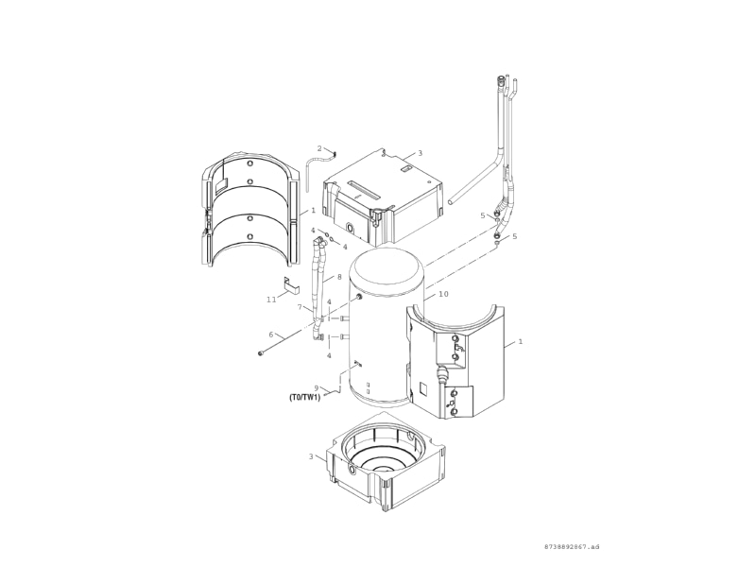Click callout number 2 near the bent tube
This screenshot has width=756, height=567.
(x=319, y=148)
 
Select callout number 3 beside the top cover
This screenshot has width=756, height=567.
(x=420, y=153)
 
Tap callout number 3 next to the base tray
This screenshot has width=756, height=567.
(x=311, y=456)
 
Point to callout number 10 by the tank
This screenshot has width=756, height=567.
(x=443, y=294)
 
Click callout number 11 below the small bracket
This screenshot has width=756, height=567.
(x=271, y=300)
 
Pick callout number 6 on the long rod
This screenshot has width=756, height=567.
(x=271, y=335)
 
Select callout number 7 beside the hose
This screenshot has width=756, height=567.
(x=300, y=307)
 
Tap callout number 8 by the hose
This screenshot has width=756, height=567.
(x=339, y=277)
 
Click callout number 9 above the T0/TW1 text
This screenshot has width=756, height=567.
(x=317, y=387)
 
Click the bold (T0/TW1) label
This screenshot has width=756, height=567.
(x=304, y=397)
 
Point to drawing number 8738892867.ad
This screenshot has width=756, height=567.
(x=572, y=547)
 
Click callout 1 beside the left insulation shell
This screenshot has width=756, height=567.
(x=313, y=210)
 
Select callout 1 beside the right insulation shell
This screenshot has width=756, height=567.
(x=521, y=341)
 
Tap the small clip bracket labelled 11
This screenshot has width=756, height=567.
(x=291, y=285)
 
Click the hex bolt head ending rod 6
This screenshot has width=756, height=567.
(x=262, y=353)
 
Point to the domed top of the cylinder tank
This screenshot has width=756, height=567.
(x=387, y=272)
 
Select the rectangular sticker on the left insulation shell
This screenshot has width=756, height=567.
(x=221, y=184)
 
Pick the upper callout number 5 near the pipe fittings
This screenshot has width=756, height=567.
(x=483, y=215)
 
